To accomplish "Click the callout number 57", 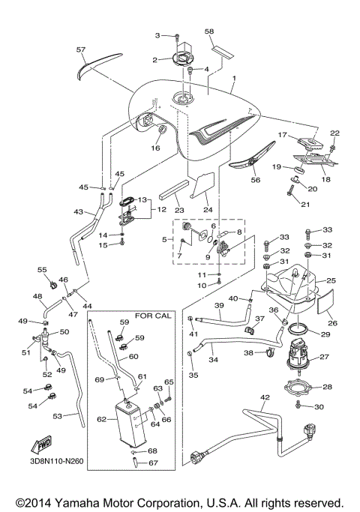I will pyautogui.click(x=80, y=49).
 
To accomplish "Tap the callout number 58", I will pyautogui.click(x=209, y=31).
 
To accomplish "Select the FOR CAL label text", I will pyautogui.click(x=153, y=315).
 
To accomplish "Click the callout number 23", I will pyautogui.click(x=178, y=210).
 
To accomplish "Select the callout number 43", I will pyautogui.click(x=78, y=212).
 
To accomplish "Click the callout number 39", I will pyautogui.click(x=220, y=307).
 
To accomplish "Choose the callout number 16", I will pyautogui.click(x=156, y=148).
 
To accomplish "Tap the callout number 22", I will pyautogui.click(x=335, y=133).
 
